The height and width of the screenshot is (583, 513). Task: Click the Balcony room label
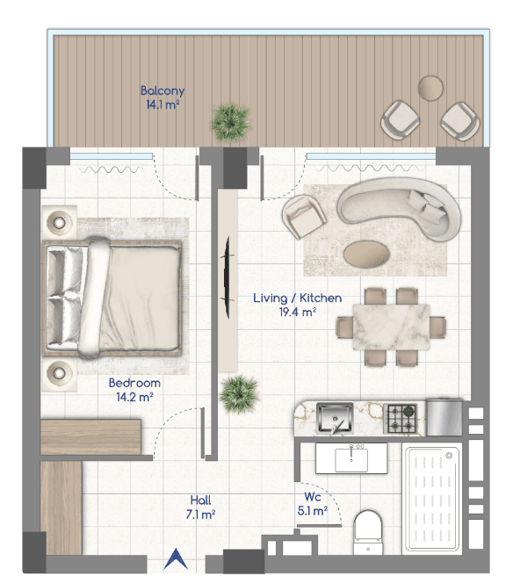click(163, 90)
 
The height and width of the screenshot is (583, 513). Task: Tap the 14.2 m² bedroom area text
click(134, 397)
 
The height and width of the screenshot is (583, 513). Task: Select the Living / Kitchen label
click(297, 298)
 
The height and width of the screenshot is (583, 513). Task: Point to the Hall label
click(200, 500)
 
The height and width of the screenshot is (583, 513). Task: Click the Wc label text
click(313, 497)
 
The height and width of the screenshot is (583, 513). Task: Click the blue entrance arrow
click(176, 558)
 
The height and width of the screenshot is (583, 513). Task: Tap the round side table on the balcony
click(430, 88)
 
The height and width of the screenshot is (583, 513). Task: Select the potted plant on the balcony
click(231, 122)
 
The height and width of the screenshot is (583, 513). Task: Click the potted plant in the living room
click(239, 394)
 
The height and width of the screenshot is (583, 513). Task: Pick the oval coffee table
click(366, 254)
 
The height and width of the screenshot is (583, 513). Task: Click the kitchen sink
click(335, 418)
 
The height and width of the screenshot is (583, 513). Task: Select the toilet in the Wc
click(368, 532)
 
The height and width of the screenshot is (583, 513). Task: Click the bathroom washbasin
click(351, 458)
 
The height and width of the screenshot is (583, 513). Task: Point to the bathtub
click(432, 499)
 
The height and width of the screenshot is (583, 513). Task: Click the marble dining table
click(391, 327)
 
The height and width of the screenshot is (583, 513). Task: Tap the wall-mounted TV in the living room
click(228, 277)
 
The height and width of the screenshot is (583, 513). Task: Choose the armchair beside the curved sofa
click(304, 216)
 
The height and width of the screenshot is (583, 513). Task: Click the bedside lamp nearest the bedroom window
click(59, 223)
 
